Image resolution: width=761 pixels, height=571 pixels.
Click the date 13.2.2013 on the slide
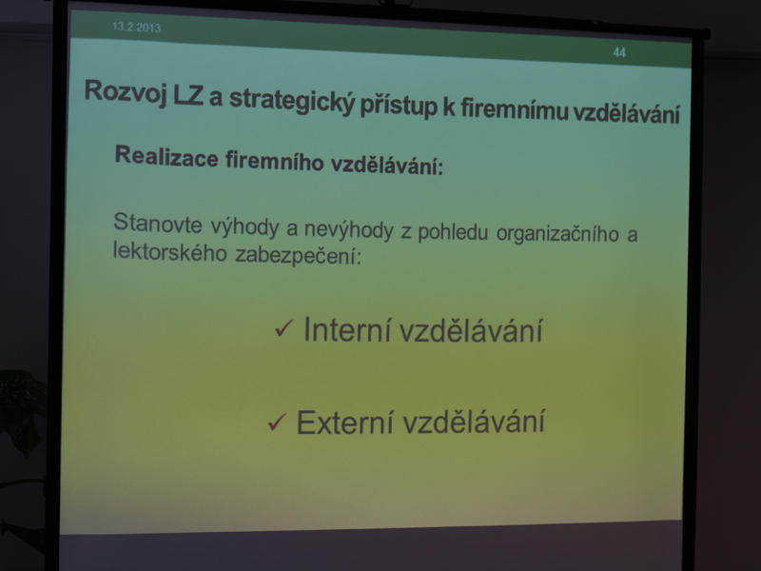(136, 28)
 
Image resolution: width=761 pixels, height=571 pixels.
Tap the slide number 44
(619, 52)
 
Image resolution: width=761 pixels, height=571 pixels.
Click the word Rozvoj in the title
(126, 92)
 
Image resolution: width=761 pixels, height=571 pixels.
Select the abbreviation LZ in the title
(187, 94)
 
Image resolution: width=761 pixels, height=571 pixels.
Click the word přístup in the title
(399, 107)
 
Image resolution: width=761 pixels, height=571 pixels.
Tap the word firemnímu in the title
(515, 109)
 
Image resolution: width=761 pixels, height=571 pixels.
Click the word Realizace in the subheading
(166, 157)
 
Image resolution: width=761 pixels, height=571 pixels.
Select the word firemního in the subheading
(274, 160)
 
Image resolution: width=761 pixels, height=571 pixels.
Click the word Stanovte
(158, 223)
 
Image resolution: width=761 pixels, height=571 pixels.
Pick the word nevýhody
(349, 230)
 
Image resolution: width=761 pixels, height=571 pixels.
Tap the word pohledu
(453, 232)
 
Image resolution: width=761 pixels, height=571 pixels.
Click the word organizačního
(557, 234)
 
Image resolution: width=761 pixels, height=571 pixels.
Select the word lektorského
(170, 251)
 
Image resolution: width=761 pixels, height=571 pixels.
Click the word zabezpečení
(299, 255)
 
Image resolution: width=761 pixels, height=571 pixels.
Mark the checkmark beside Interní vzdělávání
(283, 328)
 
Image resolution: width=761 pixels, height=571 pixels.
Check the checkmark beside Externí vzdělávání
(277, 422)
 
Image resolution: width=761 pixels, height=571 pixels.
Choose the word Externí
(344, 422)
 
